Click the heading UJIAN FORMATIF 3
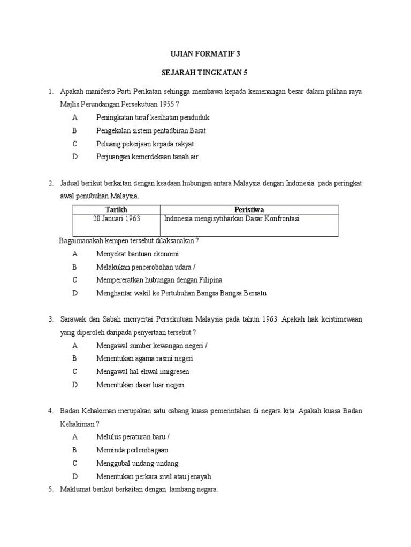click(205, 53)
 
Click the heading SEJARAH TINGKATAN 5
click(205, 73)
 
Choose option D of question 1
click(75, 157)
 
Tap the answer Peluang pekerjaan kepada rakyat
click(145, 144)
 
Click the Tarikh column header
click(117, 209)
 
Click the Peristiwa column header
click(249, 209)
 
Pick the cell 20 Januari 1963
click(117, 218)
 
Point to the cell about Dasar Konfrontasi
click(232, 218)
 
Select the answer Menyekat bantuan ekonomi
click(138, 254)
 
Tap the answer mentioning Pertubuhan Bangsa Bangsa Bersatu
click(181, 293)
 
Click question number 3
click(51, 319)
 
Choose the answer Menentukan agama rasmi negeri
click(144, 358)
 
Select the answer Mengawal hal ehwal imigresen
click(143, 371)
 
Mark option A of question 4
click(75, 437)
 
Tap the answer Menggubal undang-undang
click(138, 463)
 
